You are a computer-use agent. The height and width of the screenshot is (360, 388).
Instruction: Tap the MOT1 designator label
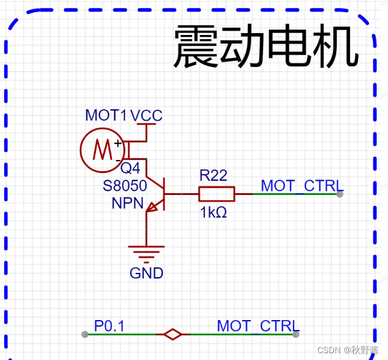point(106,115)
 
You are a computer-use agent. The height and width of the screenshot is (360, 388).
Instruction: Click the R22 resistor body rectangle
point(216,194)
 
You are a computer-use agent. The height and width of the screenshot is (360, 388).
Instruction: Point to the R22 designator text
point(213,175)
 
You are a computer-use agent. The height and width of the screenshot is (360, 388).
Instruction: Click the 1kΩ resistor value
point(213,213)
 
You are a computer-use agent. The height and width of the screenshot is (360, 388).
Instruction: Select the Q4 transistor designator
point(130,168)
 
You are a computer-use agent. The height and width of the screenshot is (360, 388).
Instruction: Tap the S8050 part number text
point(125,185)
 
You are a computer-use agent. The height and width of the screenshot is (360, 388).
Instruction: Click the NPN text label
point(128,203)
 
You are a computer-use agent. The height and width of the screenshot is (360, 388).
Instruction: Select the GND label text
point(146,273)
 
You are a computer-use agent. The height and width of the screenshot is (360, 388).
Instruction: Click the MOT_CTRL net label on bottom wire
point(258,326)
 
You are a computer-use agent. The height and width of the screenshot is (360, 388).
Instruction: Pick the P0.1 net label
point(109,326)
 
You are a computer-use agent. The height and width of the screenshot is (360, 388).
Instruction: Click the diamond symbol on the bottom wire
point(173,334)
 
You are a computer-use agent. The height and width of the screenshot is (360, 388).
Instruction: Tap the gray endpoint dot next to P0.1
point(85,334)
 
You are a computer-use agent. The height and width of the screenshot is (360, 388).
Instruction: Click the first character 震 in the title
point(196,48)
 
